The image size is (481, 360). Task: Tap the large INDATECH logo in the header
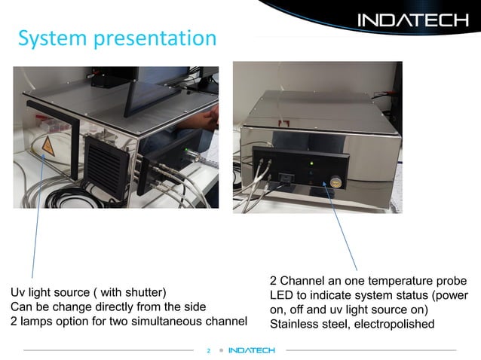(x=412, y=20)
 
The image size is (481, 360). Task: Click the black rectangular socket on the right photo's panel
(x=287, y=179)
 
